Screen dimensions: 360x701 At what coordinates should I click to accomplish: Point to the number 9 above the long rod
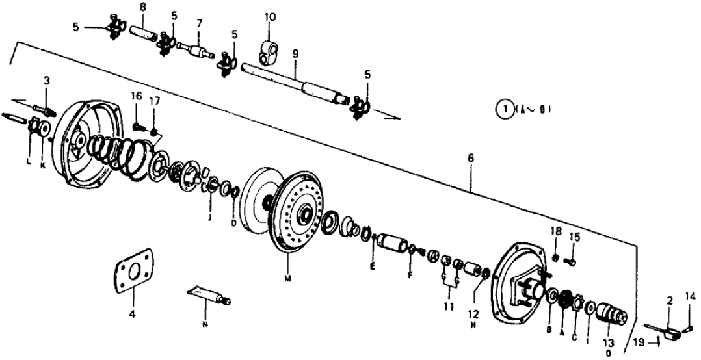tap(295, 56)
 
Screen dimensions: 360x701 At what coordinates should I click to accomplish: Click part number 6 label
tap(470, 158)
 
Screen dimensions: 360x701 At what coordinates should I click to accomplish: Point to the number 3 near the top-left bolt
tap(47, 81)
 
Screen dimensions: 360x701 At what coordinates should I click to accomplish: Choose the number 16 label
tap(136, 96)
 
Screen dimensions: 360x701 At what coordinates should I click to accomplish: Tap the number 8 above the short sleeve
tap(142, 8)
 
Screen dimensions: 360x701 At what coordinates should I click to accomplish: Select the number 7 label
tap(200, 23)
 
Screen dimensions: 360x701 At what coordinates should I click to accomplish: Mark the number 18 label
tap(557, 231)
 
